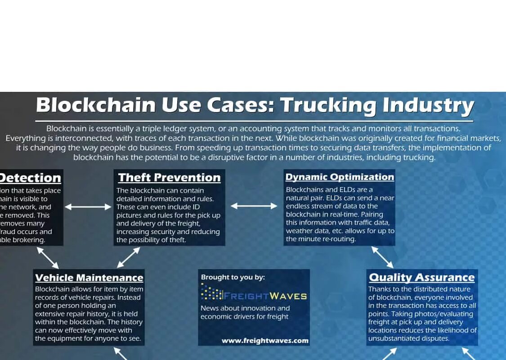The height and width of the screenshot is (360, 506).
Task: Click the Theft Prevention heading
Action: (169, 178)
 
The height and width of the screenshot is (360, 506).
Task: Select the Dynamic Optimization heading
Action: (340, 177)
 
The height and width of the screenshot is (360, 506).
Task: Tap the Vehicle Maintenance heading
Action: (89, 278)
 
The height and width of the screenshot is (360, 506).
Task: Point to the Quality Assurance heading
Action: (421, 278)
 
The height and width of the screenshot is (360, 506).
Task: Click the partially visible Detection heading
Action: (30, 178)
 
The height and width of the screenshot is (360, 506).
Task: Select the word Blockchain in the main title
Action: (95, 106)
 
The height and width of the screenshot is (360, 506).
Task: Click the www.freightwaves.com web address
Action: (265, 341)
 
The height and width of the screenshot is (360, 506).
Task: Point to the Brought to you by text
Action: (233, 277)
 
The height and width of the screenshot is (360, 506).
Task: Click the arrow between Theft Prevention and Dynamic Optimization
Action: (254, 206)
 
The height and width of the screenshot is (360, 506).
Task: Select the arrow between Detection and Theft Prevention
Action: (88, 207)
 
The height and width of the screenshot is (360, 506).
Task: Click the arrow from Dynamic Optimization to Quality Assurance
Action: (382, 257)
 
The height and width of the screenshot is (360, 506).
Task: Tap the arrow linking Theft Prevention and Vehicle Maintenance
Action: (129, 257)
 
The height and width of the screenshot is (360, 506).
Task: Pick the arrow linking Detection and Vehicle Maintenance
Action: (48, 257)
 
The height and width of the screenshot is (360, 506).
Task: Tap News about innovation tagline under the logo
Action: (245, 308)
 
